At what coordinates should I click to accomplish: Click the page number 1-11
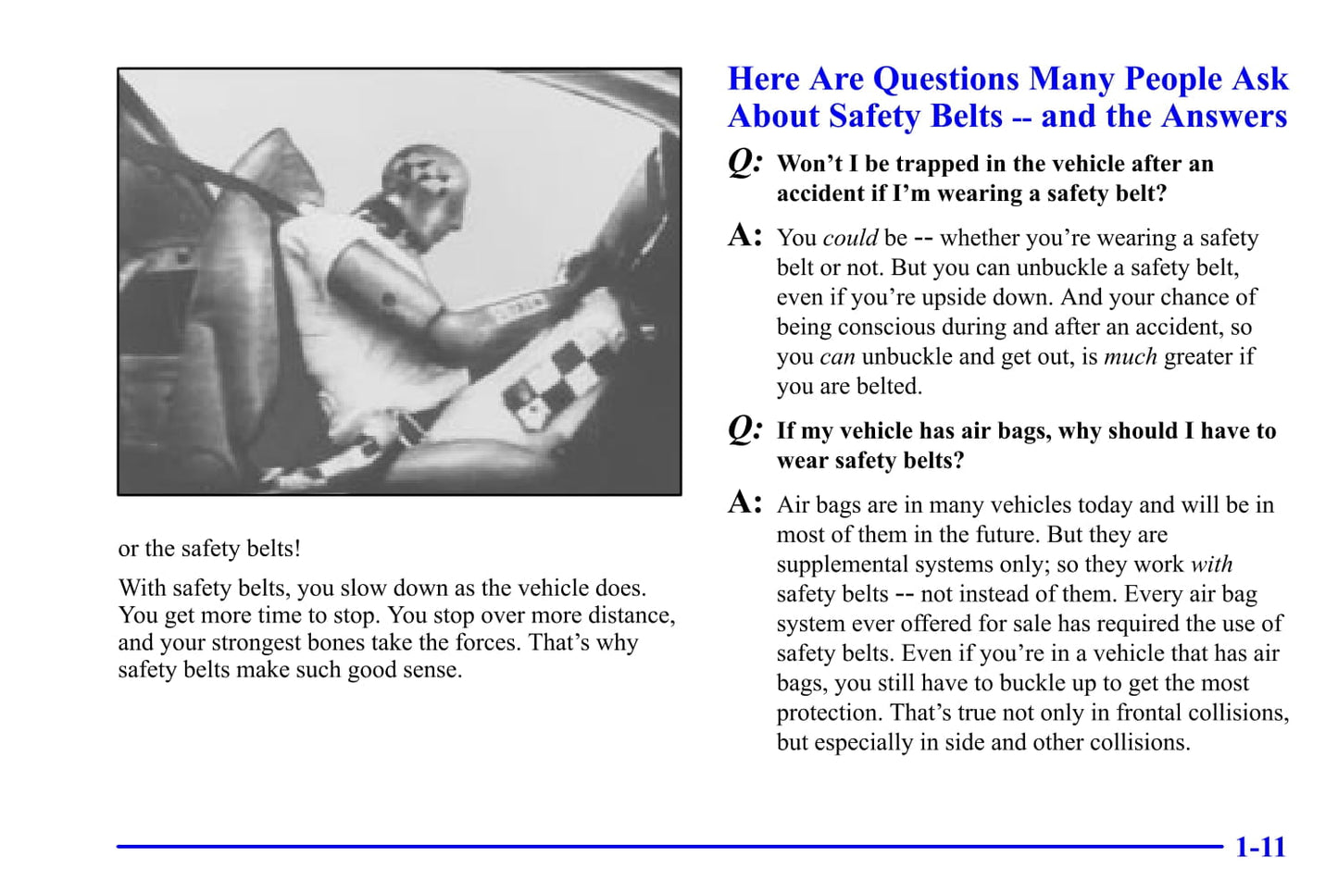1260,847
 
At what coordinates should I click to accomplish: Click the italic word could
850,238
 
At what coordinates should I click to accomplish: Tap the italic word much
1130,356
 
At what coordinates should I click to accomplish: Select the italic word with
1211,564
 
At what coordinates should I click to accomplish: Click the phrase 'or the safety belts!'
209,548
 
